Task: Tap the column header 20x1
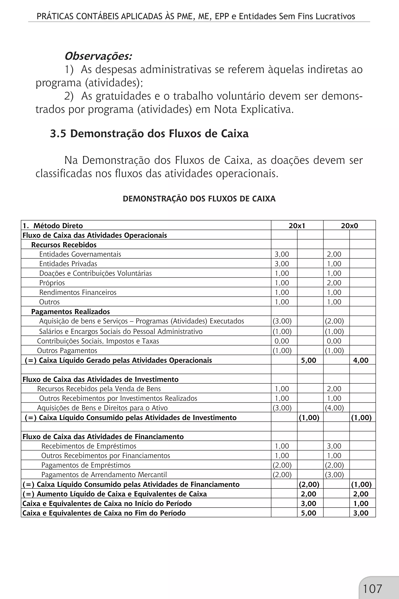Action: pyautogui.click(x=297, y=226)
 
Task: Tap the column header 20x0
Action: pyautogui.click(x=349, y=226)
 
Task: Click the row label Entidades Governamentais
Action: pyautogui.click(x=80, y=254)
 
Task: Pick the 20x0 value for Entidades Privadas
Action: pyautogui.click(x=334, y=264)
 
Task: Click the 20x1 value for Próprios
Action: pyautogui.click(x=282, y=283)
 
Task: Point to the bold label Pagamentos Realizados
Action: pyautogui.click(x=71, y=312)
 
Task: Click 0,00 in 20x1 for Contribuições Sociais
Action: pyautogui.click(x=282, y=341)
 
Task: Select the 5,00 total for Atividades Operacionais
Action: pyautogui.click(x=308, y=360)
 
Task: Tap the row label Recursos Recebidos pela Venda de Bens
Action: pyautogui.click(x=99, y=389)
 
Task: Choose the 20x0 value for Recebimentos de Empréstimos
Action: pyautogui.click(x=334, y=446)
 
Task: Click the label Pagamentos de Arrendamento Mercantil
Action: pyautogui.click(x=104, y=475)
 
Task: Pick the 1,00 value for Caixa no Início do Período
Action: pyautogui.click(x=361, y=503)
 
